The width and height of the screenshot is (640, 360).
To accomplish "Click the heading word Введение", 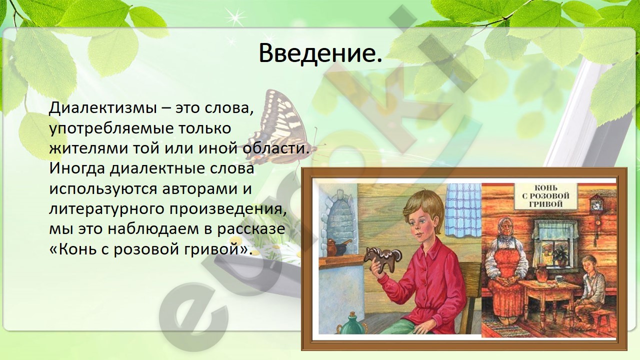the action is pos(320,53).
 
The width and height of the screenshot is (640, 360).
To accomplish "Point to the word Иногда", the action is pos(77,169).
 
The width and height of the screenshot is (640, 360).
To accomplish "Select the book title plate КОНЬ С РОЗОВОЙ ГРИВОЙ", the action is pos(545,196).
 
